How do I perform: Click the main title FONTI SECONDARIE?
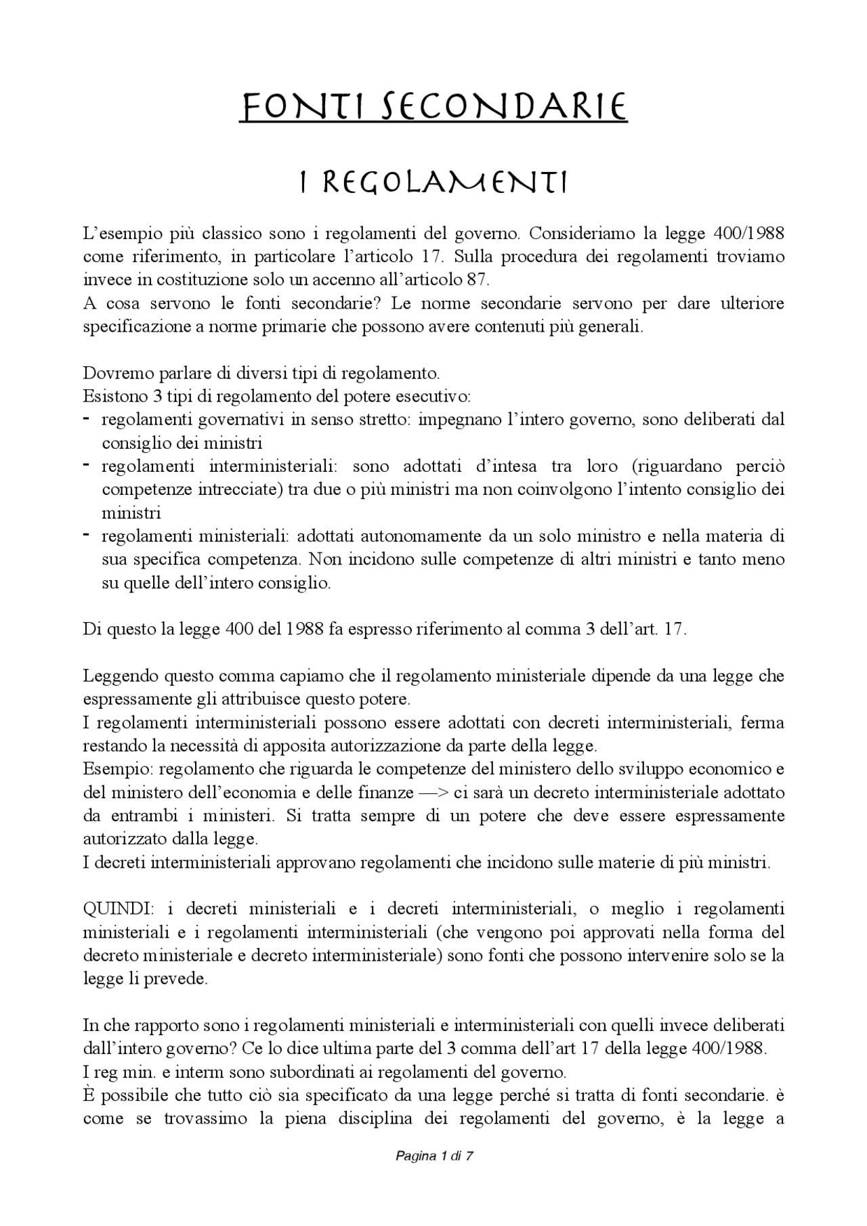coord(433,108)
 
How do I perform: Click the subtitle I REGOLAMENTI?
coord(433,182)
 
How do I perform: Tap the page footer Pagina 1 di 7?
coord(433,1156)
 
